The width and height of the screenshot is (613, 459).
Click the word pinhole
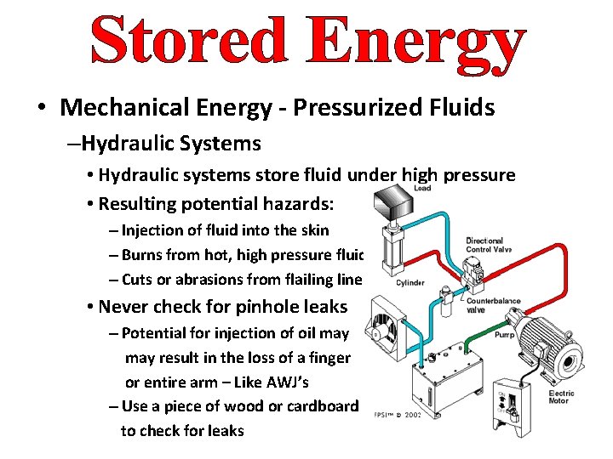[x=243, y=306]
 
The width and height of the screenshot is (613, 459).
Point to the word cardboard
[x=318, y=406]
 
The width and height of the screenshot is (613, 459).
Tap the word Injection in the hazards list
[x=152, y=230]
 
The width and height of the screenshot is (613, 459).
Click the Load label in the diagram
[x=422, y=188]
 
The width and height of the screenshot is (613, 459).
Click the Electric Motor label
[x=561, y=398]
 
